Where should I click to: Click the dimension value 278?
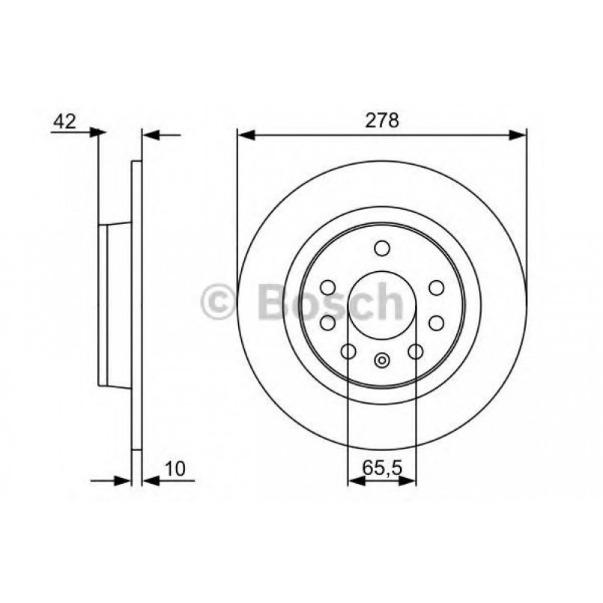pyautogui.click(x=382, y=121)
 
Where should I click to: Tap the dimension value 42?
pyautogui.click(x=64, y=121)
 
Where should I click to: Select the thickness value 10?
pyautogui.click(x=175, y=469)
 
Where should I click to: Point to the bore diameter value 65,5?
pyautogui.click(x=382, y=468)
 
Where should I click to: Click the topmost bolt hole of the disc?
pyautogui.click(x=382, y=248)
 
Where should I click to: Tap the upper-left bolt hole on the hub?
pyautogui.click(x=328, y=288)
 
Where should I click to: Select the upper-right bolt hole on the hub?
pyautogui.click(x=437, y=288)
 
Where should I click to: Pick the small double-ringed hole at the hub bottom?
pyautogui.click(x=381, y=360)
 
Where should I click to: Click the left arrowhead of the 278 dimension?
pyautogui.click(x=246, y=136)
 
